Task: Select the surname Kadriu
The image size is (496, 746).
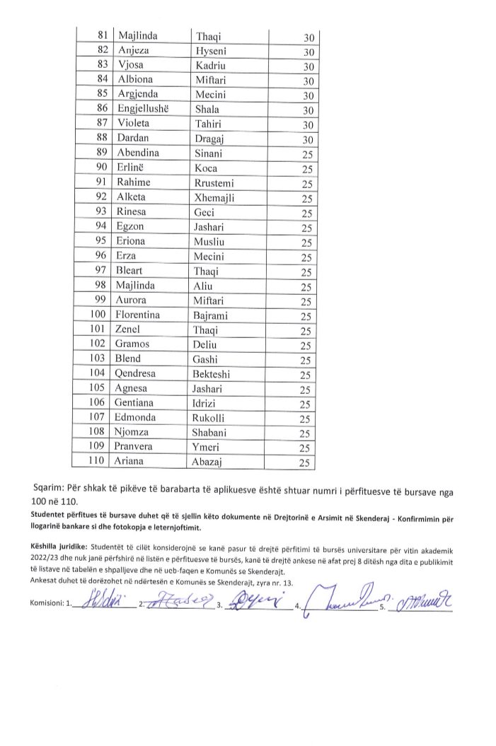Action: pos(210,66)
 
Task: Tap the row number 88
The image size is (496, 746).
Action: pos(100,139)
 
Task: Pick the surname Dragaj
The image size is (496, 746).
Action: pos(211,140)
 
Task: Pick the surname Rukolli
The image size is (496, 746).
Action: pos(214,419)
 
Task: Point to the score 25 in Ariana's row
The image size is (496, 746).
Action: pos(306,464)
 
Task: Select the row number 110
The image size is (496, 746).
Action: pos(97,463)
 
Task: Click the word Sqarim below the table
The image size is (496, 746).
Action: pos(50,488)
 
